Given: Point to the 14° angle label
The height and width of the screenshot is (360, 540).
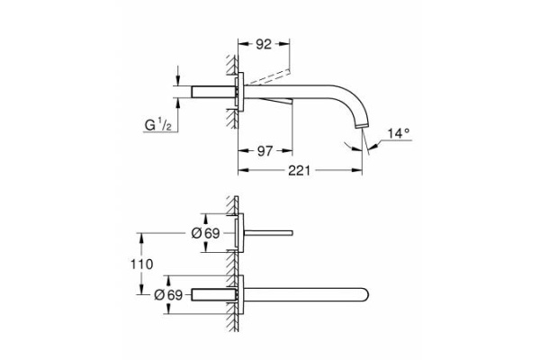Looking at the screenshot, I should tap(398, 133).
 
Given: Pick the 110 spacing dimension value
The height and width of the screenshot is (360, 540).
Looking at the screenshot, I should tap(142, 264).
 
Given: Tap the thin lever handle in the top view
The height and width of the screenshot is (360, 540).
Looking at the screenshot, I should tap(269, 234).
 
